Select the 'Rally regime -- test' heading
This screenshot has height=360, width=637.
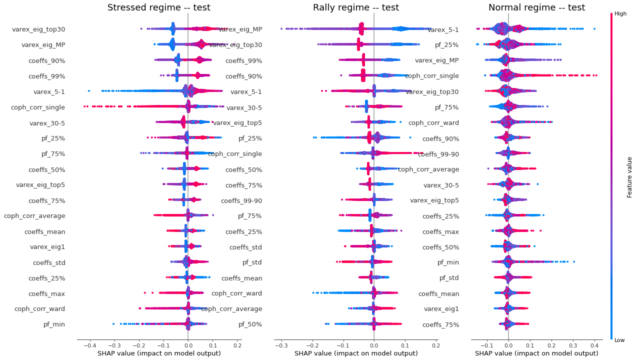click(356, 7)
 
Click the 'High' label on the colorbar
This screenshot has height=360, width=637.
click(620, 14)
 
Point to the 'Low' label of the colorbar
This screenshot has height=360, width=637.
click(620, 340)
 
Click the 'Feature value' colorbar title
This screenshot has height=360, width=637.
click(630, 176)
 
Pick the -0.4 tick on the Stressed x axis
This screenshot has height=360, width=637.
click(89, 345)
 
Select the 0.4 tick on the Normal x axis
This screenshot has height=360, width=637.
click(594, 345)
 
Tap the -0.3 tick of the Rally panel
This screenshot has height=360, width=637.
click(282, 345)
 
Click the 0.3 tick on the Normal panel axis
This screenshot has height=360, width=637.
click(573, 345)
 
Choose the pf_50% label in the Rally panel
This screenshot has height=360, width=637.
click(250, 324)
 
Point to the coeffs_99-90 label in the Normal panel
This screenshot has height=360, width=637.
click(438, 154)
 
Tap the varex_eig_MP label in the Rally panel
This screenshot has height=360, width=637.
click(240, 29)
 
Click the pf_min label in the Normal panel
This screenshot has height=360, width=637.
click(448, 262)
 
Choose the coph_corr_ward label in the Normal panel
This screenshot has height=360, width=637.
click(433, 123)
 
